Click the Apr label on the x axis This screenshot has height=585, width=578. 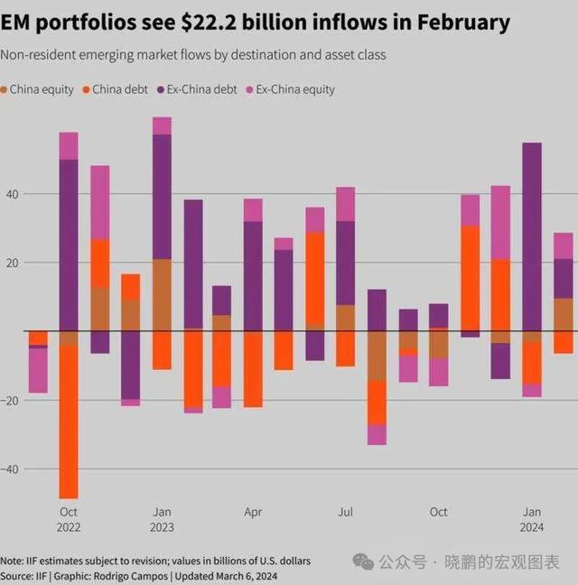pyautogui.click(x=253, y=512)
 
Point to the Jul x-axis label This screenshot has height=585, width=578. pyautogui.click(x=345, y=512)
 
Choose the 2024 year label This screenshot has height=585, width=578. pyautogui.click(x=533, y=527)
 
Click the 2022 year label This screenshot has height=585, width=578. pyautogui.click(x=69, y=527)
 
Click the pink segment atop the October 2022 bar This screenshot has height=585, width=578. pyautogui.click(x=69, y=145)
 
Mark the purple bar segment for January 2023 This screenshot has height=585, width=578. pyautogui.click(x=162, y=197)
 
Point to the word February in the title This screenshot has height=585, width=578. pyautogui.click(x=466, y=23)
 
